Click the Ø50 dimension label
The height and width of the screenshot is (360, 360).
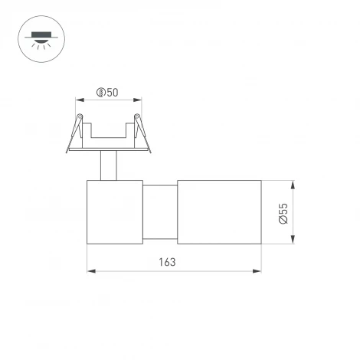108,93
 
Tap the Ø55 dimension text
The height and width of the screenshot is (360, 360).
283,213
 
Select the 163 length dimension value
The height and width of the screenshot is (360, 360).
167,262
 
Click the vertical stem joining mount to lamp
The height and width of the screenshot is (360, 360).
108,165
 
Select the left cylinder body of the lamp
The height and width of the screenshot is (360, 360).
114,213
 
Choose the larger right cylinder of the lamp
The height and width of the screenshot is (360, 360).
219,213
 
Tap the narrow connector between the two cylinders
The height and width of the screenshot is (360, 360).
159,213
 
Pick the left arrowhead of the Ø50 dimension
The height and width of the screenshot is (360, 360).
77,100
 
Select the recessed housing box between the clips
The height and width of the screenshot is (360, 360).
108,132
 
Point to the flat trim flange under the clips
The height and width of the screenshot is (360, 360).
108,150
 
